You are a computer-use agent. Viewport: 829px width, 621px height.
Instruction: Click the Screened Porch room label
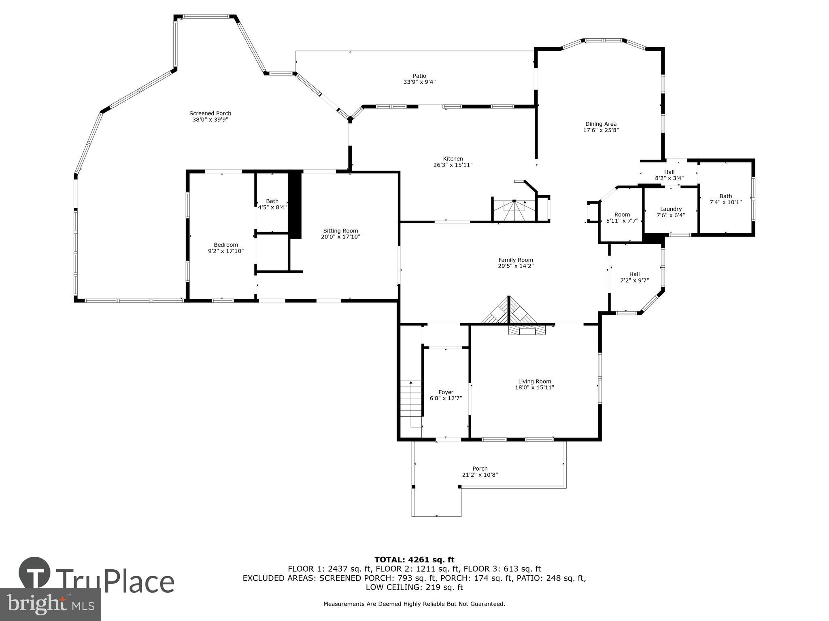tap(210, 114)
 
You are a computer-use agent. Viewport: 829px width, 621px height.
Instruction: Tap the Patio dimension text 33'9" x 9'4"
tap(419, 82)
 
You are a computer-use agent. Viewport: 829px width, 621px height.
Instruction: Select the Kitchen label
tap(453, 159)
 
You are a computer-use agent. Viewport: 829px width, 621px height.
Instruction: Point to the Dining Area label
tap(601, 124)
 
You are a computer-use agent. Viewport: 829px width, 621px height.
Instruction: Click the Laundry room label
tap(671, 209)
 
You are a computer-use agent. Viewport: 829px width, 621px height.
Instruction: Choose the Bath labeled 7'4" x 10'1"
tap(725, 196)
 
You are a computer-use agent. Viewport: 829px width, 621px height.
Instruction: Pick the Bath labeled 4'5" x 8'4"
tap(272, 201)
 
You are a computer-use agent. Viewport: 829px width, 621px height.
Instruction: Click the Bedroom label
tap(226, 245)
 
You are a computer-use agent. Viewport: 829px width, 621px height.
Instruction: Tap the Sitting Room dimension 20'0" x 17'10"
tap(340, 237)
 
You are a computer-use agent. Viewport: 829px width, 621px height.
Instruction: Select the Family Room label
tap(515, 260)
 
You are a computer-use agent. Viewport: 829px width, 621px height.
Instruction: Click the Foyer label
tap(446, 392)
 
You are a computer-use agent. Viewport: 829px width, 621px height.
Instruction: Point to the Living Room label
tap(534, 381)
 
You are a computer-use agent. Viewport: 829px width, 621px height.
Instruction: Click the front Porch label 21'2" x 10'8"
tap(480, 469)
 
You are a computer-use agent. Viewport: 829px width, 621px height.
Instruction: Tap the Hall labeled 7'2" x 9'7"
tap(634, 274)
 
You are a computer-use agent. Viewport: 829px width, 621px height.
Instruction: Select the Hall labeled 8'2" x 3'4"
tap(669, 172)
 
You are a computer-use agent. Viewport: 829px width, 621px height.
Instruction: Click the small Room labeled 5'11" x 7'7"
tap(622, 215)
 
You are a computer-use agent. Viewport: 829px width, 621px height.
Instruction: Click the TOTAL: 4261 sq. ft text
tap(414, 560)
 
